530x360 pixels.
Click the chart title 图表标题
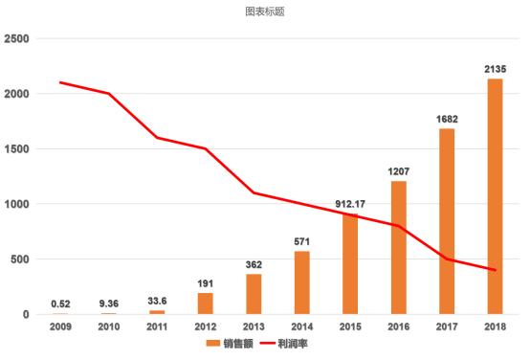click(265, 12)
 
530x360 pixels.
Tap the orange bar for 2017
click(446, 221)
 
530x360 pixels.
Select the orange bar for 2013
click(254, 294)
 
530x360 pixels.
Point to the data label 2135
click(495, 69)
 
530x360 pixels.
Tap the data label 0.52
click(60, 304)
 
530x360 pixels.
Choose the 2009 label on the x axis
click(60, 326)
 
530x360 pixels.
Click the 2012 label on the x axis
click(205, 326)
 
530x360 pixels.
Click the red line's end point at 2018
click(495, 270)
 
